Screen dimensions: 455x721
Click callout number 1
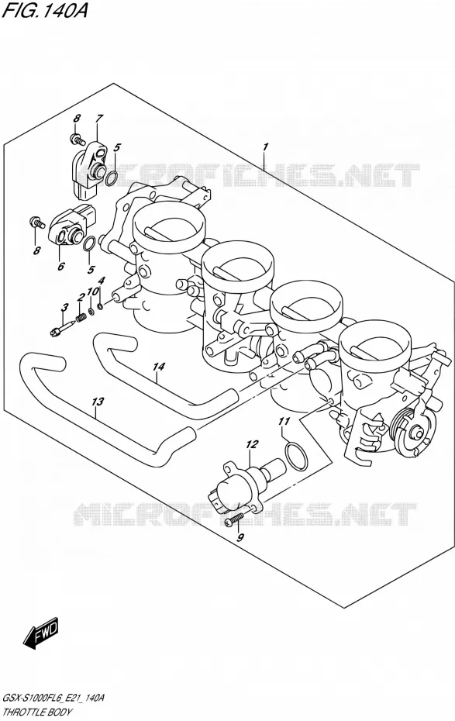[265, 147]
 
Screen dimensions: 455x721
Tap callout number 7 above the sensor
[98, 118]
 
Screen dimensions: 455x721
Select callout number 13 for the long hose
[98, 402]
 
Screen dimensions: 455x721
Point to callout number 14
[159, 367]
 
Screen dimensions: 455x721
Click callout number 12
[252, 444]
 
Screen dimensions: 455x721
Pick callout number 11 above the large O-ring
[284, 421]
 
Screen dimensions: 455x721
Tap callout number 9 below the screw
[240, 537]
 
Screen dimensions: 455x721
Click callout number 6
[61, 265]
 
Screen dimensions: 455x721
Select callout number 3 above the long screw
[65, 307]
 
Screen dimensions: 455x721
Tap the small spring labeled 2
[82, 317]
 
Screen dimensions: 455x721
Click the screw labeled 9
[234, 519]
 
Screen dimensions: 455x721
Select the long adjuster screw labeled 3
[61, 328]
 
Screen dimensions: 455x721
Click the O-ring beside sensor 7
[111, 179]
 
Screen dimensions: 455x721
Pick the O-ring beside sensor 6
[90, 244]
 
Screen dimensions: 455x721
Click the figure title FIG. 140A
[44, 10]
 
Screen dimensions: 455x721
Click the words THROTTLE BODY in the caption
[38, 712]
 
